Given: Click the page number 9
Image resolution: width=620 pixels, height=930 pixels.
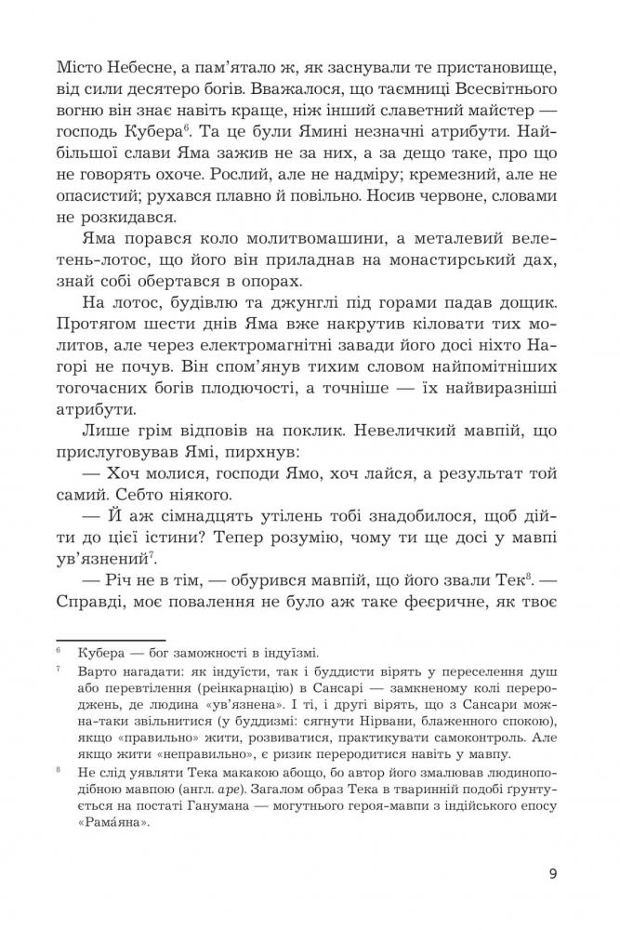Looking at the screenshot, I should click(x=553, y=873).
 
